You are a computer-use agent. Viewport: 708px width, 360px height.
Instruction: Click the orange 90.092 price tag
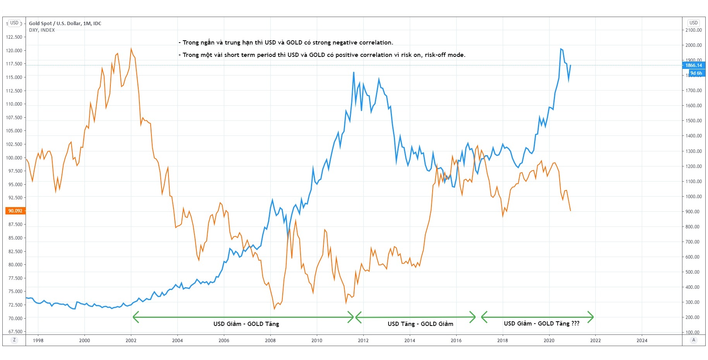[15, 211]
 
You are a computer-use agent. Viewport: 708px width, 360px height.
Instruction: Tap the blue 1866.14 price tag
[693, 65]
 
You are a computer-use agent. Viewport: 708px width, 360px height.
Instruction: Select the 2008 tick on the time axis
[270, 341]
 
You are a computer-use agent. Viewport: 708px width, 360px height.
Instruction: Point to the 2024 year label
[642, 341]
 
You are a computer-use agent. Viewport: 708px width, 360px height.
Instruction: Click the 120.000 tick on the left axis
[14, 51]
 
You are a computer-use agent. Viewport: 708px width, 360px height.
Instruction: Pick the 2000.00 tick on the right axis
[693, 45]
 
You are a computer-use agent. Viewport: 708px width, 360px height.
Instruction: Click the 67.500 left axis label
[15, 332]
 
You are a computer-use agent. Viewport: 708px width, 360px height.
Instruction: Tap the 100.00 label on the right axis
[693, 333]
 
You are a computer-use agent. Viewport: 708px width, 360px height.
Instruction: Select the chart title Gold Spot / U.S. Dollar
[65, 24]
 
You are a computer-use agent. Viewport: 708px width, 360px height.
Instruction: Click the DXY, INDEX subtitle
[42, 30]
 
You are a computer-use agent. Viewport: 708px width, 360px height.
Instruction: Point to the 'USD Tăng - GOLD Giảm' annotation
[420, 324]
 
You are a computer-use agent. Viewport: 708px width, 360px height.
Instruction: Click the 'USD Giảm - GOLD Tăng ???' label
[541, 324]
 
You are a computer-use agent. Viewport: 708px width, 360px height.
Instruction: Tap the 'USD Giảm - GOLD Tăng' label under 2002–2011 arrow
[246, 324]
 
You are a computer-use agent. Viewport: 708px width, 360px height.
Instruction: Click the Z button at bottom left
[14, 340]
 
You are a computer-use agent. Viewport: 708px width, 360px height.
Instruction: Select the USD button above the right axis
[693, 23]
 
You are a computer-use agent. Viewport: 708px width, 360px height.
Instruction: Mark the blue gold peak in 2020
[560, 49]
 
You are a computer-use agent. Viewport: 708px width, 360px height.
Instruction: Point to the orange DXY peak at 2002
[131, 49]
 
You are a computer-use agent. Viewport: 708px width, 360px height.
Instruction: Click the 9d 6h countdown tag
[696, 73]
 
